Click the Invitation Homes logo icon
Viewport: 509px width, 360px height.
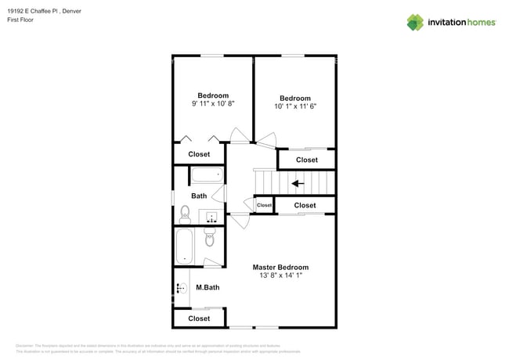tap(415, 22)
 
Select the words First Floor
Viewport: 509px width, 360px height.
tap(29, 20)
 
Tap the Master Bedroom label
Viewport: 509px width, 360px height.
tap(280, 267)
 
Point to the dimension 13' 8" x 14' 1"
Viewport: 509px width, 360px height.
tap(280, 275)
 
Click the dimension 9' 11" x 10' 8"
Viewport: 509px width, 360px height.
tap(213, 103)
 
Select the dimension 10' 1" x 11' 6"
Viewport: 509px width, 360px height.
tap(295, 106)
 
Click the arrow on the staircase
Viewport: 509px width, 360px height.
tap(298, 184)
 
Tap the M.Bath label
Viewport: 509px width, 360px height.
tap(208, 288)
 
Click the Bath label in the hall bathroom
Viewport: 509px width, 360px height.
tap(199, 196)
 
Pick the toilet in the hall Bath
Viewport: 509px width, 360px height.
tap(185, 213)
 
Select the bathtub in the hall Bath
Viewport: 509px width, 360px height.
tap(207, 175)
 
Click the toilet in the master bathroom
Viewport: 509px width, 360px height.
tap(209, 239)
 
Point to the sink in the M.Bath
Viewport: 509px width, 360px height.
tap(181, 288)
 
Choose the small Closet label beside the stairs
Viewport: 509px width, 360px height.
tap(264, 205)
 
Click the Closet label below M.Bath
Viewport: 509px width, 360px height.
tap(199, 319)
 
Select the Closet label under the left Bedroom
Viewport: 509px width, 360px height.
tap(199, 155)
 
